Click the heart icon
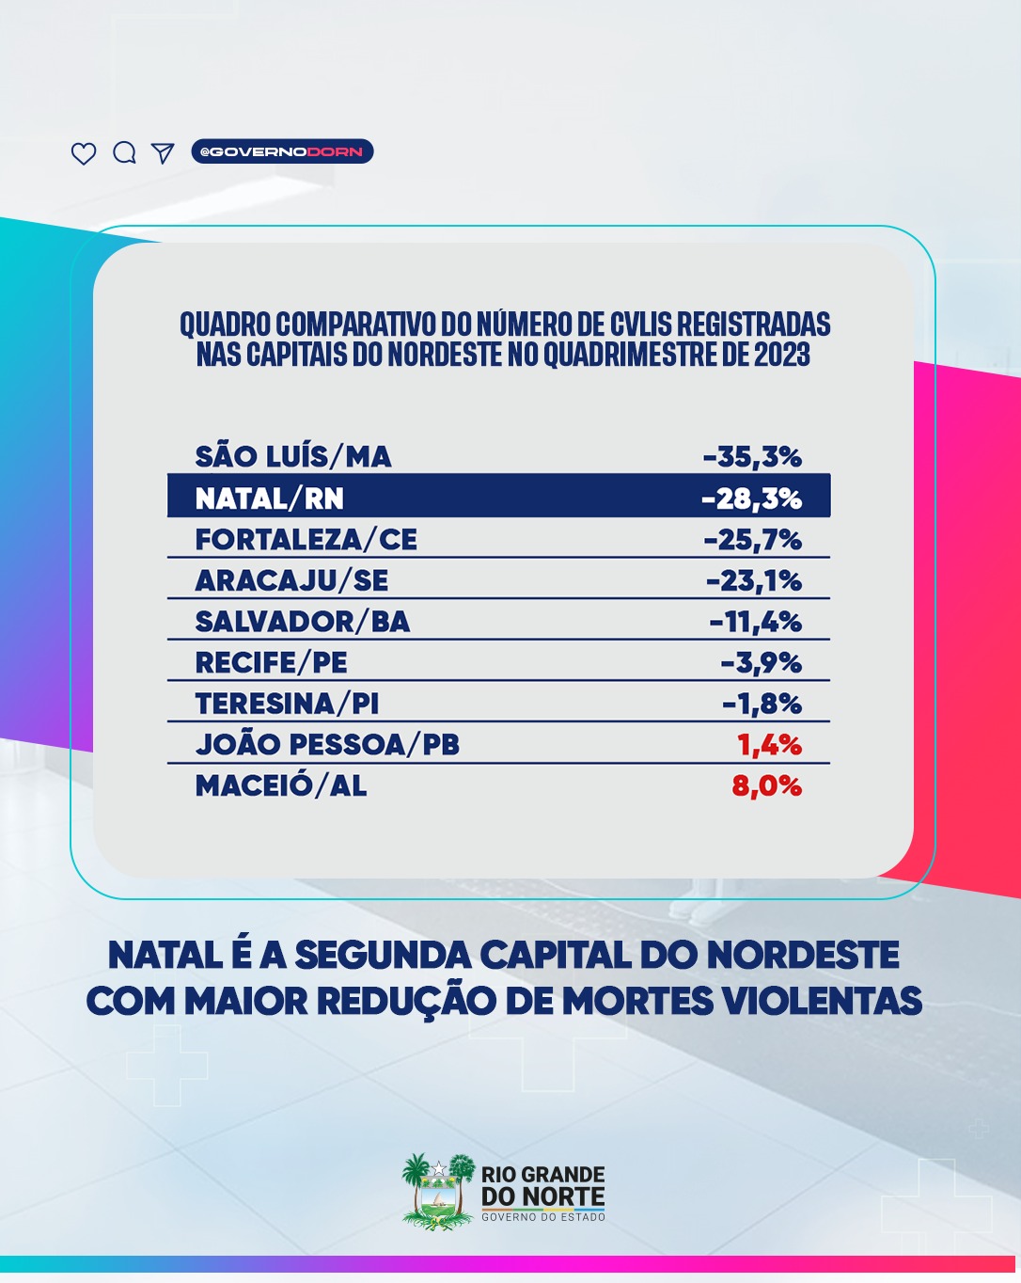tap(84, 153)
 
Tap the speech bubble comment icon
tap(125, 152)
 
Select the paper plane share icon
tap(162, 152)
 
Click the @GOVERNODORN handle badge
tap(282, 151)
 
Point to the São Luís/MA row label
tap(293, 456)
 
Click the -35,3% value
tap(753, 457)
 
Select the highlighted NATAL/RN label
tap(270, 499)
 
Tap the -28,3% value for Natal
tap(752, 499)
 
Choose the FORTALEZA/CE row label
tap(306, 540)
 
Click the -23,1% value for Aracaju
tap(754, 580)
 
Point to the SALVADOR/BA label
tap(303, 622)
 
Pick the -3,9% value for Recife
tap(762, 663)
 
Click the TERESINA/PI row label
tap(287, 705)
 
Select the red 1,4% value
tap(769, 745)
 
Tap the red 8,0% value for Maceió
tap(767, 786)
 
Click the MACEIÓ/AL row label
tap(281, 785)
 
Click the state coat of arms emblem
tap(439, 1191)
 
